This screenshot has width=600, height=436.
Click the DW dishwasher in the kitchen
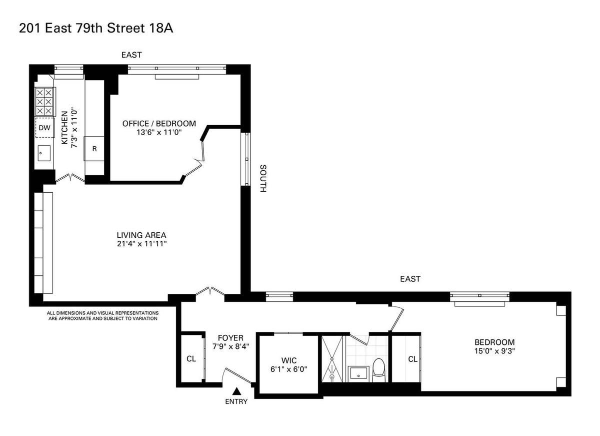coord(44,128)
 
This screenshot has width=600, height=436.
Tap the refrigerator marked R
coord(94,149)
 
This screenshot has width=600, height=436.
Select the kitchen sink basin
coord(44,153)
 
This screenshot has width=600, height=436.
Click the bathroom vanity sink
coord(358,374)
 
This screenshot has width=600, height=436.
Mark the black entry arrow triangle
coord(236,391)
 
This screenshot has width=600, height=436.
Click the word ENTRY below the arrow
coord(236,401)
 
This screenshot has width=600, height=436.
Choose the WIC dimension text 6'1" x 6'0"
coord(289,369)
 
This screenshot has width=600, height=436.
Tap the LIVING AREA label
coord(141,235)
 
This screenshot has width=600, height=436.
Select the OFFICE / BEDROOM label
coord(159,123)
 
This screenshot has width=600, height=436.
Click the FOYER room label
coord(230,338)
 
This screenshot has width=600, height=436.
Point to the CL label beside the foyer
coord(191,359)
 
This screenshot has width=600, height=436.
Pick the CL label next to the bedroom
coord(413,359)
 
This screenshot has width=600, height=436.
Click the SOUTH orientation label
coord(263,178)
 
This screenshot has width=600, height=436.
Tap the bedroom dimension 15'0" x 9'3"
coord(494,351)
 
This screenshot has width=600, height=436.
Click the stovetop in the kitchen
coord(44,102)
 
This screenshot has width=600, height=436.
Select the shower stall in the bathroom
coord(332,358)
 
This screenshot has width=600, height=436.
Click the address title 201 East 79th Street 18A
coord(96,28)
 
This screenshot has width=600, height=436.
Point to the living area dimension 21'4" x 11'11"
coord(142,244)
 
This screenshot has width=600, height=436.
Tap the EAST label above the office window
coord(131,55)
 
